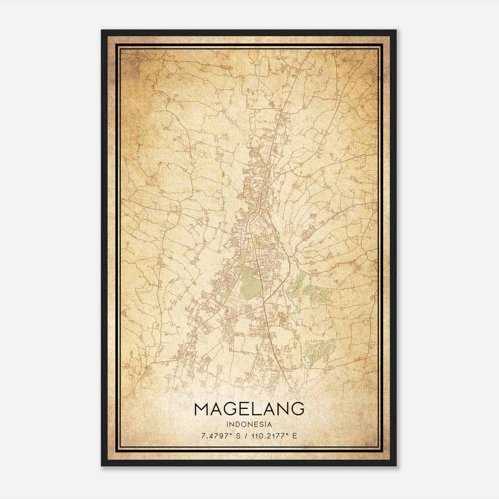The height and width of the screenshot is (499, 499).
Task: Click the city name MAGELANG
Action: click(249, 409)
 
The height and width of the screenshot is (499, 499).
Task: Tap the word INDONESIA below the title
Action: click(249, 424)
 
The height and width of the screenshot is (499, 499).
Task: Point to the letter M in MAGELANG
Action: click(202, 409)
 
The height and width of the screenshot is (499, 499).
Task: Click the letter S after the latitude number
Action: click(238, 436)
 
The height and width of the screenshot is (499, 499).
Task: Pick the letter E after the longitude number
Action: click(294, 436)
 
